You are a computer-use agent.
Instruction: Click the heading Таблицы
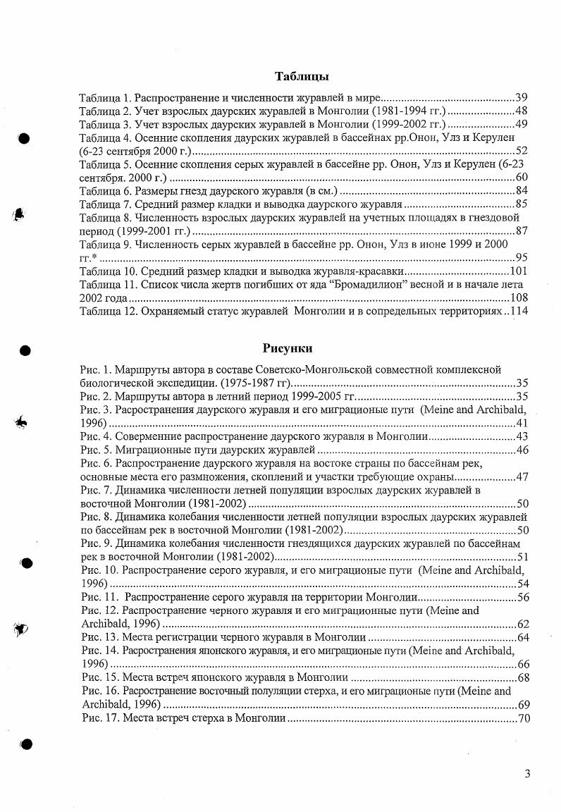click(301, 76)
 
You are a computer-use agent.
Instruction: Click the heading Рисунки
click(288, 348)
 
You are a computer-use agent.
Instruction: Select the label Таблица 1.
click(105, 97)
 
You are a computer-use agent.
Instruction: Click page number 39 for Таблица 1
click(522, 97)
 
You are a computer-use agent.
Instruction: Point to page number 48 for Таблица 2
click(522, 111)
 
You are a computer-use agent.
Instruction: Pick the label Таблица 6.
click(105, 191)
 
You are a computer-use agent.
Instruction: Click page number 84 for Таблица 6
click(522, 191)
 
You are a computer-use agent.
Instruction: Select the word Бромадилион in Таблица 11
click(404, 285)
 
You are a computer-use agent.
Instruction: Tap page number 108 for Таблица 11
click(519, 298)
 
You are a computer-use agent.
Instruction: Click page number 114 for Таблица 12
click(519, 312)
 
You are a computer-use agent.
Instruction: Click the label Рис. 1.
click(95, 369)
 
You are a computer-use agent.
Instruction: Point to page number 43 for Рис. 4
click(522, 436)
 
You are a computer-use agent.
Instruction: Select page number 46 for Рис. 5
click(522, 450)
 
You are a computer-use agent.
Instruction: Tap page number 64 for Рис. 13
click(522, 637)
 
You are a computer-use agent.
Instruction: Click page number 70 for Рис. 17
click(523, 718)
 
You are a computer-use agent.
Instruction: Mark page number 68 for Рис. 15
click(523, 677)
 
